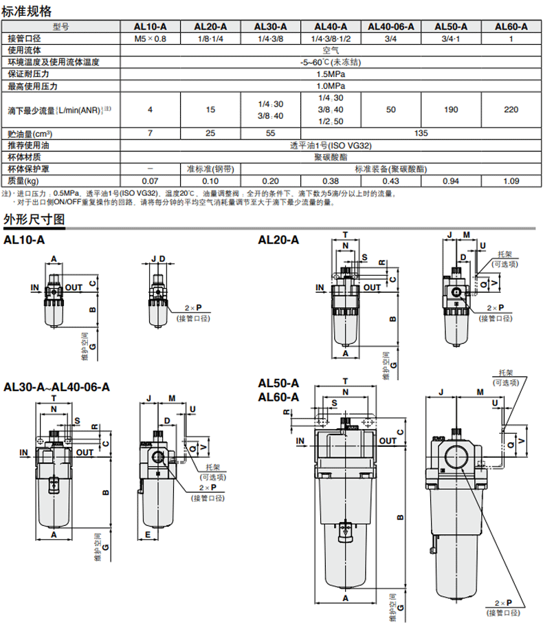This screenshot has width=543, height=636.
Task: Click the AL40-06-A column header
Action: click(390, 27)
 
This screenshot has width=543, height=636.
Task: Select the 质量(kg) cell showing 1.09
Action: click(511, 181)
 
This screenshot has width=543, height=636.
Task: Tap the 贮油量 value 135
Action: click(421, 133)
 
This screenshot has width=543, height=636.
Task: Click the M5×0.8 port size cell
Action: click(150, 39)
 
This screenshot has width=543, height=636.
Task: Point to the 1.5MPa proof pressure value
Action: click(331, 74)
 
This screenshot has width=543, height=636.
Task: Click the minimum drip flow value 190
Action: click(451, 109)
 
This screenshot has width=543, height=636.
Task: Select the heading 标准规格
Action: click(27, 11)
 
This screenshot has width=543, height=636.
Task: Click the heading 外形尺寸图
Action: click(34, 219)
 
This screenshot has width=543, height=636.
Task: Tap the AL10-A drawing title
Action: click(24, 240)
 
